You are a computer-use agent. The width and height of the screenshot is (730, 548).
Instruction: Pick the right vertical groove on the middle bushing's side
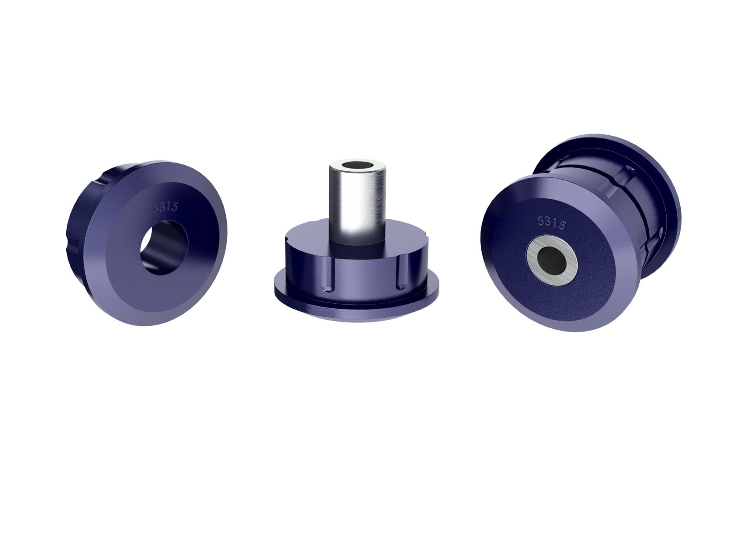[400, 276]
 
